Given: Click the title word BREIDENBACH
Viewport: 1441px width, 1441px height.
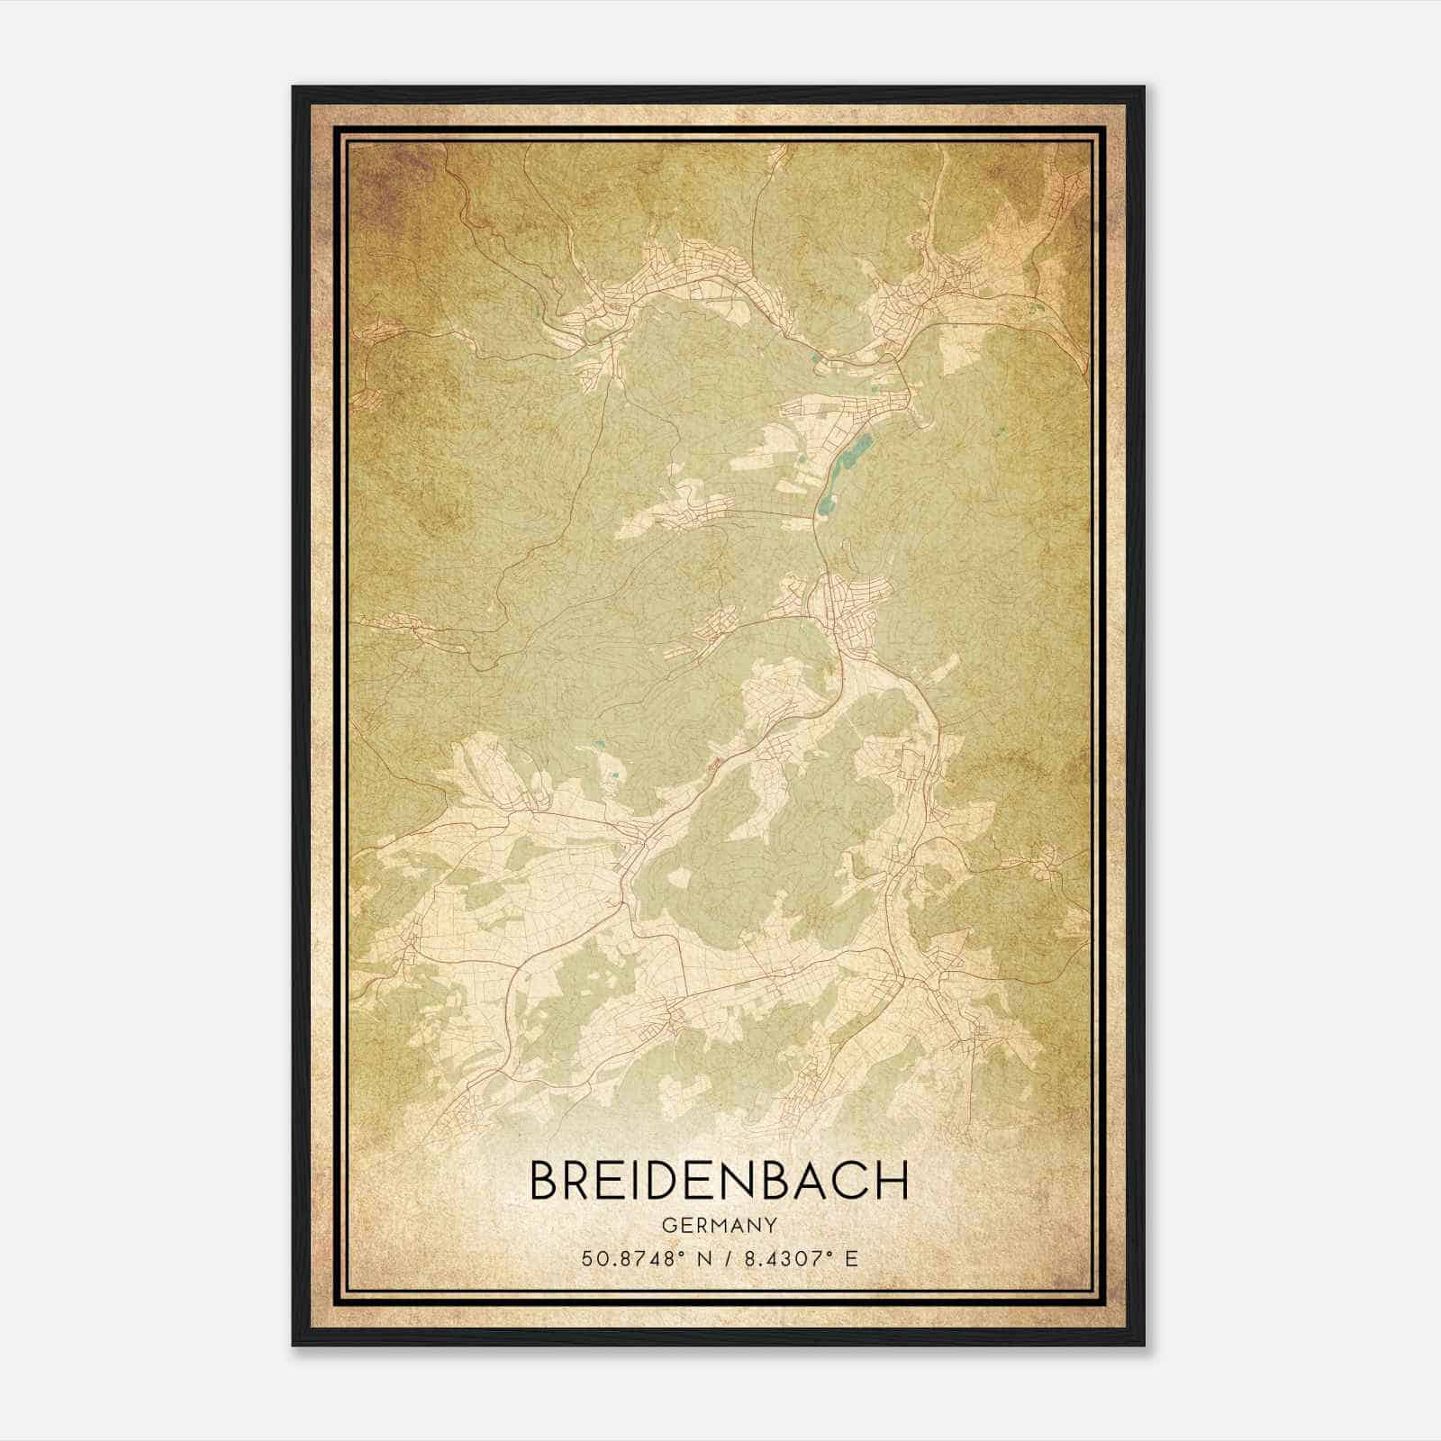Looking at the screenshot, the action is coord(719,1181).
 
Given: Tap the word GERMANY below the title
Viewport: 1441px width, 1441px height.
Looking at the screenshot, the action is coord(719,1226).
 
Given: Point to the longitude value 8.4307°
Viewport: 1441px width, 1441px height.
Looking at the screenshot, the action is coord(782,1258).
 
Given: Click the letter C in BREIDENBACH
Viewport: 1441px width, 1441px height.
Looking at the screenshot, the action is coord(851,1181).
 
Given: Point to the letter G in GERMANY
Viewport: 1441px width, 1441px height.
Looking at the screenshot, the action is coord(667,1226).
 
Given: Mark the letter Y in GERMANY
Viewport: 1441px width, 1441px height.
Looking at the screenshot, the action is coord(771,1226).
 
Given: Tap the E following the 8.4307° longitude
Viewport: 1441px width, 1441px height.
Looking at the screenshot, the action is coord(851,1258).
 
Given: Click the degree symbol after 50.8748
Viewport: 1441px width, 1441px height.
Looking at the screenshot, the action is coord(684,1253).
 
